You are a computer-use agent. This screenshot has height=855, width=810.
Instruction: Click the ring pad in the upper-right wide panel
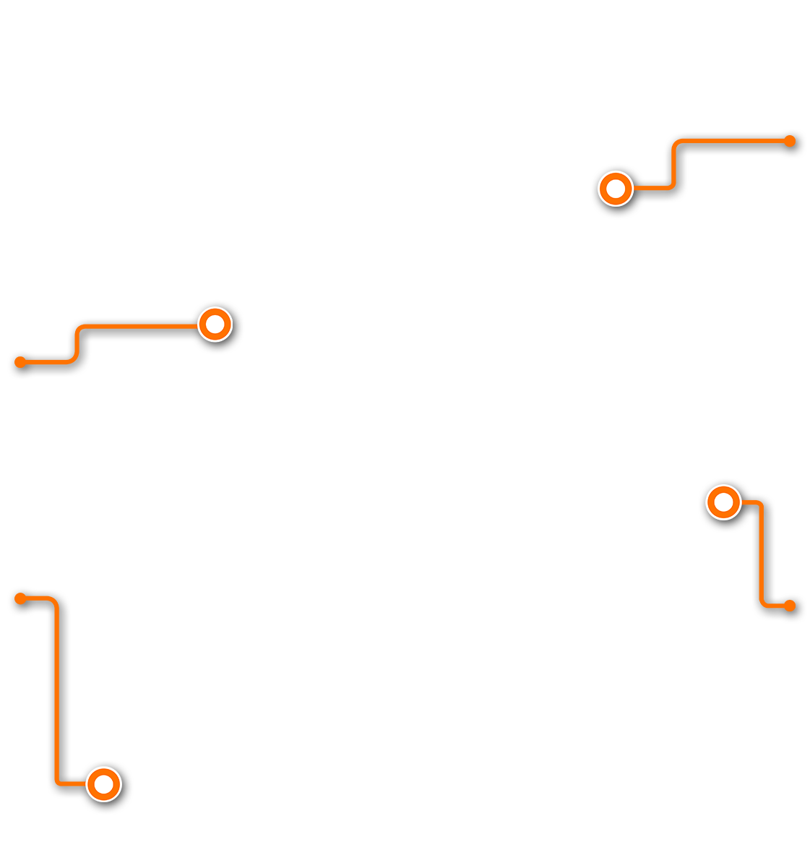tap(616, 189)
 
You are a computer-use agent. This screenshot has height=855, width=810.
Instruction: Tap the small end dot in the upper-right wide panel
tap(790, 141)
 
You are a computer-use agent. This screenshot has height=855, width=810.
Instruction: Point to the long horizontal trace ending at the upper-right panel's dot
tap(730, 142)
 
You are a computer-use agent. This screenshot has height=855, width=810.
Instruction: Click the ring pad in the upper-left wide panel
tap(215, 325)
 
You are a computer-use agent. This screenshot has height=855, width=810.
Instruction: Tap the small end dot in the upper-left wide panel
tap(20, 362)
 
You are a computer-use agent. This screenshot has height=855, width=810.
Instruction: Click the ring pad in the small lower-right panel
tap(723, 502)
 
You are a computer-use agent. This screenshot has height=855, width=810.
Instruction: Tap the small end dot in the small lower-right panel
tap(790, 606)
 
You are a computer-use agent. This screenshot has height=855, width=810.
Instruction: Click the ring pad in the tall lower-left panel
tap(104, 784)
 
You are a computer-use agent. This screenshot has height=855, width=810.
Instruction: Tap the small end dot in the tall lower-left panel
tap(20, 598)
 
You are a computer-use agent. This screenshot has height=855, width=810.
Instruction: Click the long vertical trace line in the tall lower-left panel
tap(57, 687)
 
